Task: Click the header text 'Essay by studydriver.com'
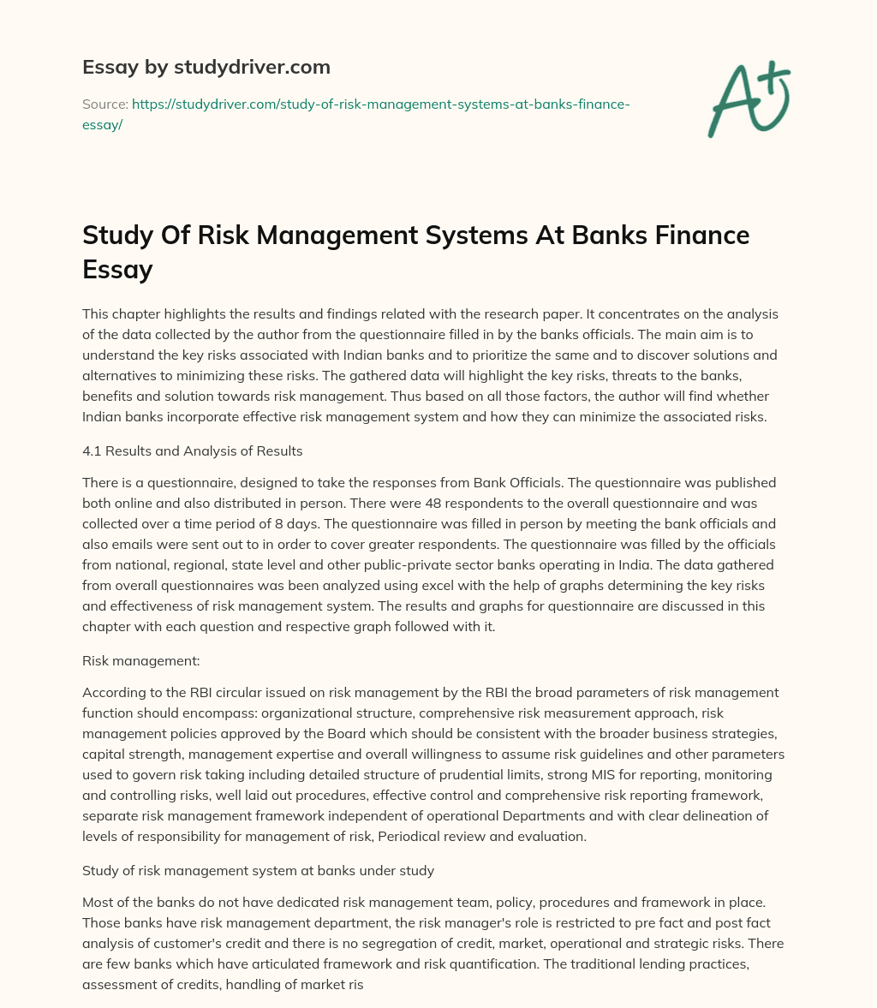pos(206,67)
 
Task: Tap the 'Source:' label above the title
pos(104,104)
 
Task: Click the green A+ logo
pos(748,98)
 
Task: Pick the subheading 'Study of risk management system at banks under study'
pos(258,870)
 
